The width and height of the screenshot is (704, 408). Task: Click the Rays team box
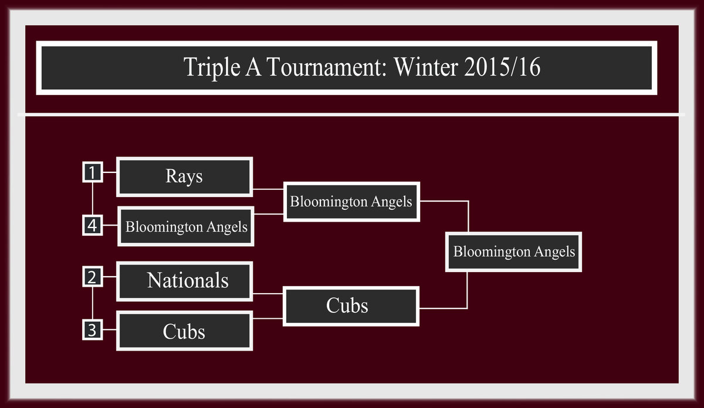pyautogui.click(x=184, y=177)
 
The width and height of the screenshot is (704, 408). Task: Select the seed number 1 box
pyautogui.click(x=93, y=172)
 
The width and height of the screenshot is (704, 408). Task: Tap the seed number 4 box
pyautogui.click(x=93, y=225)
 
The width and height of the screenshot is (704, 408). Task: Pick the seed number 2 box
pyautogui.click(x=93, y=277)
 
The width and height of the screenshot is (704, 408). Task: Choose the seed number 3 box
pyautogui.click(x=93, y=330)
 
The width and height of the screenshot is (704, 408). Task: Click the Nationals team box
pyautogui.click(x=184, y=281)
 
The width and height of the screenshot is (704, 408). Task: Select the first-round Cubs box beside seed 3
pyautogui.click(x=184, y=331)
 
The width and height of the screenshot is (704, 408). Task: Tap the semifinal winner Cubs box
pyautogui.click(x=351, y=306)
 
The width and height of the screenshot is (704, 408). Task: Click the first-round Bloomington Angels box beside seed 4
pyautogui.click(x=186, y=226)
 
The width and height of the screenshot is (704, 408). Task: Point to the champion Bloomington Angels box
pyautogui.click(x=513, y=252)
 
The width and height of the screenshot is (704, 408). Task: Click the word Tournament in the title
pyautogui.click(x=327, y=67)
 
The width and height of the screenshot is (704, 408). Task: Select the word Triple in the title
pyautogui.click(x=212, y=67)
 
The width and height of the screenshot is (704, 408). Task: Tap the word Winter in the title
pyautogui.click(x=426, y=67)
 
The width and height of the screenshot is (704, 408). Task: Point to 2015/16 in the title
pyautogui.click(x=502, y=67)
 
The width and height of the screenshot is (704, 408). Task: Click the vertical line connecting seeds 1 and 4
pyautogui.click(x=93, y=199)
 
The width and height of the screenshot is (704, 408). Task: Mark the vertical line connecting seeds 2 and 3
pyautogui.click(x=93, y=304)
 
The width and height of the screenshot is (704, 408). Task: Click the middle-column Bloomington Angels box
pyautogui.click(x=351, y=202)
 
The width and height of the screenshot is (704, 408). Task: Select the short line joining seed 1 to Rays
pyautogui.click(x=110, y=172)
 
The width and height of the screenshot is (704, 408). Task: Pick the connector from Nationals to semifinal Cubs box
pyautogui.click(x=268, y=294)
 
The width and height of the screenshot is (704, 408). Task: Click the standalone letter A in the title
pyautogui.click(x=253, y=67)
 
